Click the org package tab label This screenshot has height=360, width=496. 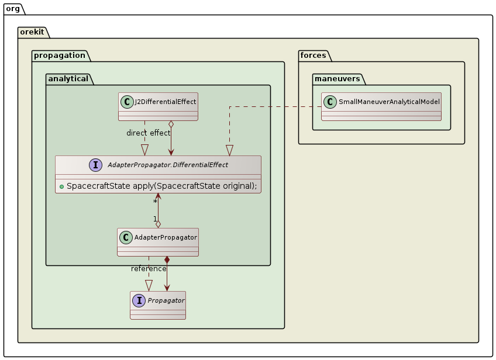point(13,8)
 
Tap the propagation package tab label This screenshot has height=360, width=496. point(59,55)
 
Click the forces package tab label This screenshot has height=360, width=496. point(313,55)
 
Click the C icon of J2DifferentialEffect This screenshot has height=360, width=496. point(128,102)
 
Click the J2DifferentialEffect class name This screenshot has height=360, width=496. point(165,102)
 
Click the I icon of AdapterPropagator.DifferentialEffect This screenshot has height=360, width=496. point(96,165)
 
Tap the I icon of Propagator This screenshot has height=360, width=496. point(139,300)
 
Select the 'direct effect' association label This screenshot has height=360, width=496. point(149,133)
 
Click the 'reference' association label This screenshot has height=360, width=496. point(149,268)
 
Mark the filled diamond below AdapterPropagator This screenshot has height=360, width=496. point(167,259)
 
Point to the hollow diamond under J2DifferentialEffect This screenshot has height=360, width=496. point(170,124)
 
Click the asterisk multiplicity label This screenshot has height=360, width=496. point(155,201)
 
